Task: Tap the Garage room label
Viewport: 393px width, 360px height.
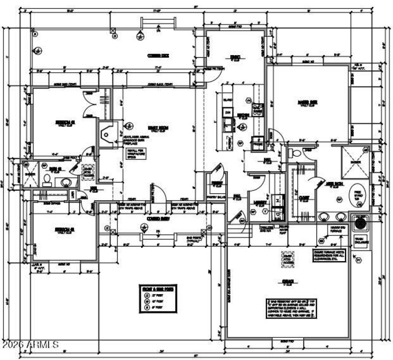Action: pos(288,282)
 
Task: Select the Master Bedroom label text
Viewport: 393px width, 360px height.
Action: pos(307,103)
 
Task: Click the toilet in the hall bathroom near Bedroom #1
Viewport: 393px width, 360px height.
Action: pos(48,179)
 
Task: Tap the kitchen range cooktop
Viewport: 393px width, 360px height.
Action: pos(257,110)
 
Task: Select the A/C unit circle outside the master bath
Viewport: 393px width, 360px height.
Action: pos(361,223)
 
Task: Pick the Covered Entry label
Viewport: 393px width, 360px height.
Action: pos(158,218)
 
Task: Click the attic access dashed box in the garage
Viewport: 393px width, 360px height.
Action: pos(287,259)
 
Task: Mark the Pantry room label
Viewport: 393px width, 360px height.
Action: pos(216,183)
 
